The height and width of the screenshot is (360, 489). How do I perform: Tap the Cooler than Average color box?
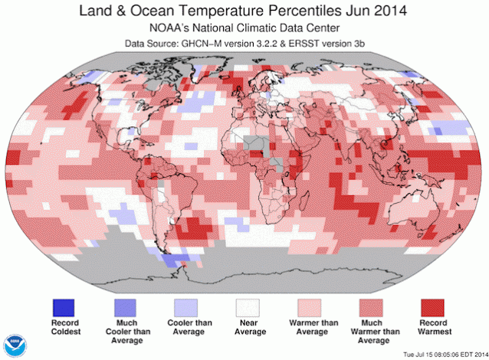tap(186, 306)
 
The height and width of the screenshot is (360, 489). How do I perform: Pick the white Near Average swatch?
tap(248, 306)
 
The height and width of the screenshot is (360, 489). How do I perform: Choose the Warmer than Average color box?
tap(312, 306)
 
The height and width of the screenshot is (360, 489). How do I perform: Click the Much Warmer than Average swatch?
tap(374, 306)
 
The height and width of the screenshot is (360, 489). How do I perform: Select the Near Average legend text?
tap(248, 327)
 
